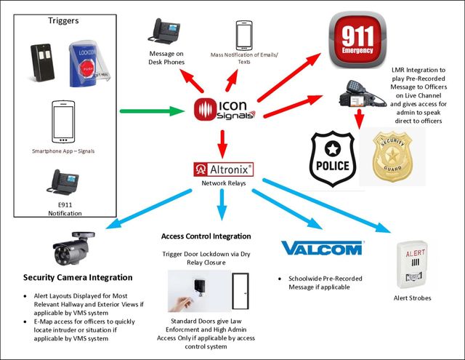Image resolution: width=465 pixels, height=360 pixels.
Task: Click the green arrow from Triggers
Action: click(x=148, y=111)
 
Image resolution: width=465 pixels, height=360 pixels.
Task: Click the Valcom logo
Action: click(x=322, y=249)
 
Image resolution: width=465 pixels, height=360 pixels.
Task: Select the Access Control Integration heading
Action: click(x=206, y=236)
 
